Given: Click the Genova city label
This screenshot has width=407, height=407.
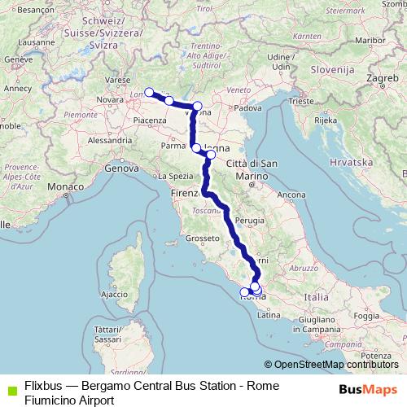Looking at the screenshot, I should point(119,168).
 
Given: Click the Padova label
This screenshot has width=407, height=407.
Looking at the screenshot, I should point(244,107).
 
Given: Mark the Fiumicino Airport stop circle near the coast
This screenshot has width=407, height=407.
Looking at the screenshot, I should point(244,292).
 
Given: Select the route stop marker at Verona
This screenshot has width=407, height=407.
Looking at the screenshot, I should point(197,106).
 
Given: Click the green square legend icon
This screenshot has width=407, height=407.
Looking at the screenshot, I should point(9,385).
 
